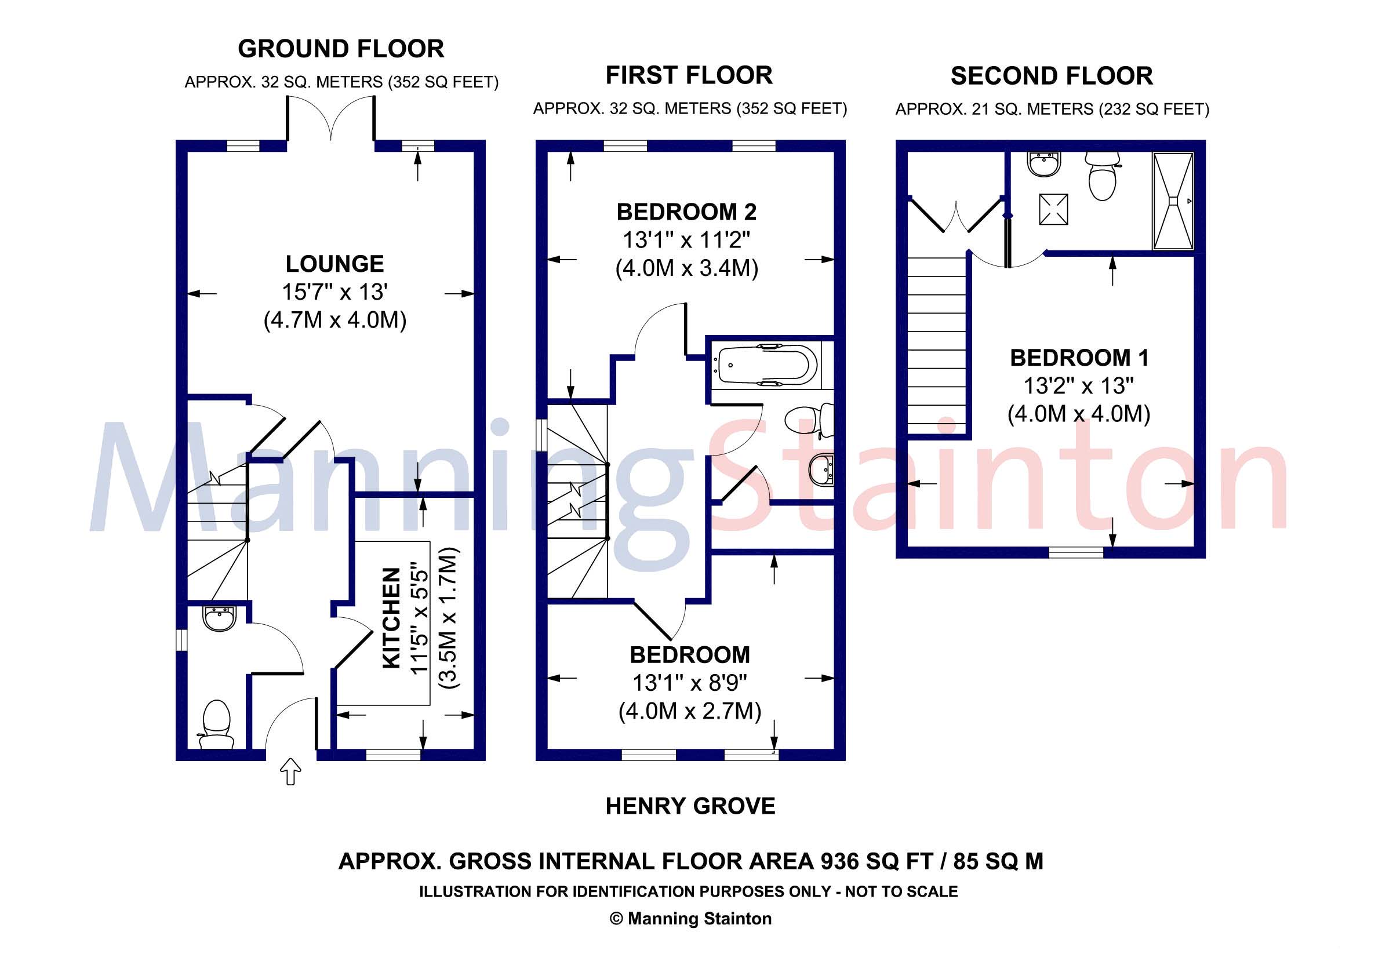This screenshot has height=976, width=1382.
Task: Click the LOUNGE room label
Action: click(x=334, y=264)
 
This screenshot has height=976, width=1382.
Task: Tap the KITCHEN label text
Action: click(x=392, y=617)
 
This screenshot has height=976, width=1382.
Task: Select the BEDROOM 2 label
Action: click(x=687, y=212)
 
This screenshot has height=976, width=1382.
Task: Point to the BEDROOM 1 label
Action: click(x=1079, y=358)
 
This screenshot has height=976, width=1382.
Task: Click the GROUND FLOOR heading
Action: click(x=341, y=49)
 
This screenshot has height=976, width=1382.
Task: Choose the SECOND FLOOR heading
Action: click(x=1052, y=76)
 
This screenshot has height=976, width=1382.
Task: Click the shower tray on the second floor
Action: click(x=1172, y=201)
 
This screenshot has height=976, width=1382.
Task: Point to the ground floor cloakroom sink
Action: click(x=220, y=618)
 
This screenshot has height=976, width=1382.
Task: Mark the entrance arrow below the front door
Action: click(x=292, y=771)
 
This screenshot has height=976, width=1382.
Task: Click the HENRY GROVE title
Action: click(x=690, y=806)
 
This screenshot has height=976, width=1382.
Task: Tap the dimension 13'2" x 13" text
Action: click(x=1079, y=386)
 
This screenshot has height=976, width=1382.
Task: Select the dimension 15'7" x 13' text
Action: click(x=334, y=292)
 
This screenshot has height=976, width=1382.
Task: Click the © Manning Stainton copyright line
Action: click(x=690, y=918)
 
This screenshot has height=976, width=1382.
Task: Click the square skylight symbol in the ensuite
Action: click(x=1053, y=209)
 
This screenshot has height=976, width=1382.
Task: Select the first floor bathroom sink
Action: click(x=821, y=469)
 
